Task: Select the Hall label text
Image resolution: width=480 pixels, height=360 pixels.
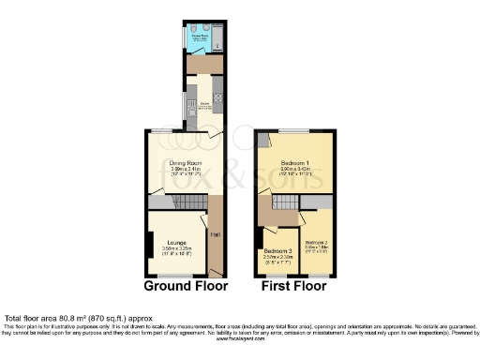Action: pos(214,234)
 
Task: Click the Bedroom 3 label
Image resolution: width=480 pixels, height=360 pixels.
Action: pos(277,251)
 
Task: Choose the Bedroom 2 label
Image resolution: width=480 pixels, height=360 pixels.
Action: pos(317,242)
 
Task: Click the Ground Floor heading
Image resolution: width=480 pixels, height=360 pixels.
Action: pos(186,286)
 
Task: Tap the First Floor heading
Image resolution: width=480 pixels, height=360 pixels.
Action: pos(292,286)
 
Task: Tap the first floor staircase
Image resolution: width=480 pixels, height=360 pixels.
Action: pos(282,203)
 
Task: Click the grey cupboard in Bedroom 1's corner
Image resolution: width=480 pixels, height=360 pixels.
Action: pos(263,140)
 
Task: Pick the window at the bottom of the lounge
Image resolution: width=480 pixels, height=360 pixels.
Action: pos(174,275)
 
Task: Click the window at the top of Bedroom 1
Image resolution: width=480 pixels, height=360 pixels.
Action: pos(294,129)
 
